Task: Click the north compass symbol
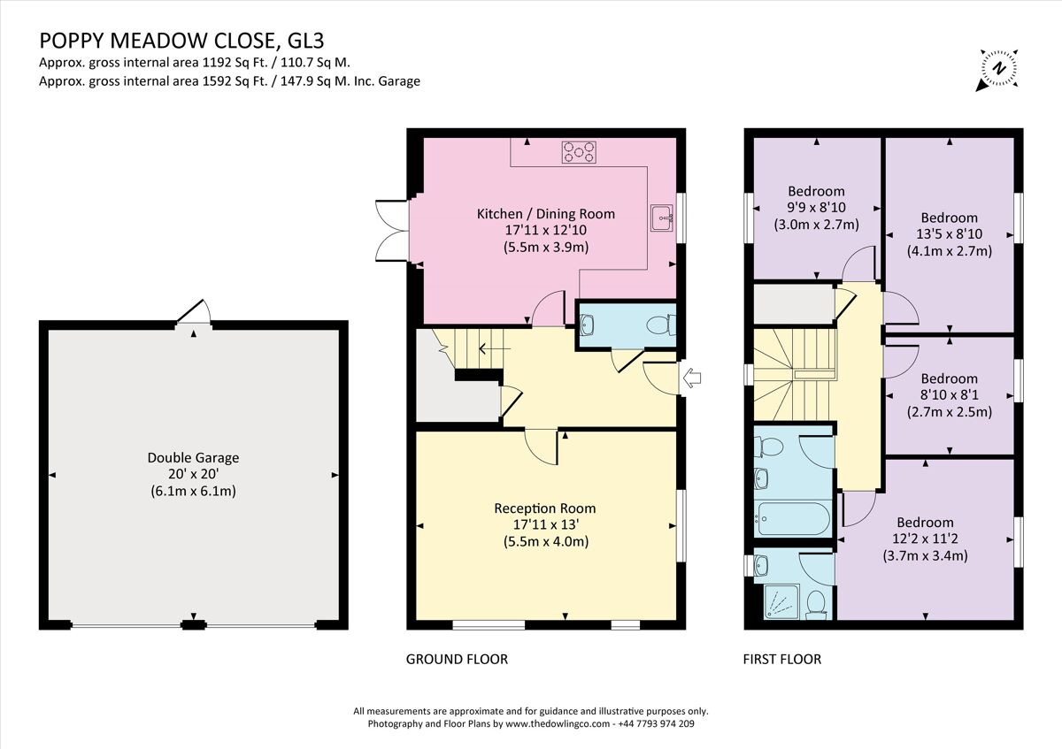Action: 998,69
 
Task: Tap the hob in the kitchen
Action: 578,153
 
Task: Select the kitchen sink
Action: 660,217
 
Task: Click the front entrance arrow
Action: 693,378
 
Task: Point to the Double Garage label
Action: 193,458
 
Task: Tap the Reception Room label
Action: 544,508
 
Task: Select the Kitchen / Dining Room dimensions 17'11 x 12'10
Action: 545,230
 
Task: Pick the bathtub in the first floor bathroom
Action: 792,517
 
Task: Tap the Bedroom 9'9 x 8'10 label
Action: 816,191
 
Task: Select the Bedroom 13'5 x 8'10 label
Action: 949,218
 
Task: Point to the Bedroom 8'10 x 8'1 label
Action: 949,378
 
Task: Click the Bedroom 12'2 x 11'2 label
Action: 925,523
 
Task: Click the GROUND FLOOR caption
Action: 457,659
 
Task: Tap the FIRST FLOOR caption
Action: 782,659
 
